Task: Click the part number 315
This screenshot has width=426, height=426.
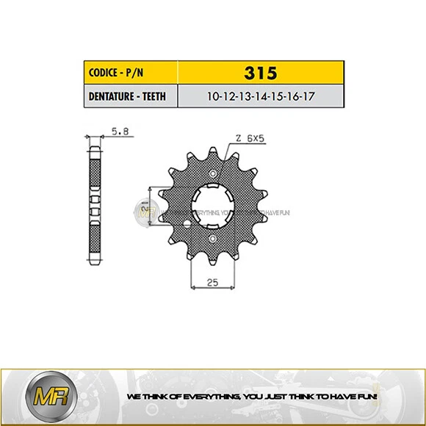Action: pos(261,73)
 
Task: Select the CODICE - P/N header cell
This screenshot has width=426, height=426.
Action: pos(132,73)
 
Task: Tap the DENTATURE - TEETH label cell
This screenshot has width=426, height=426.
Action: pos(132,96)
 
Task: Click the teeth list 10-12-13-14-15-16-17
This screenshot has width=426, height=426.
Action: pos(261,96)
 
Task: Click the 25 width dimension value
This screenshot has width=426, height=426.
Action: pos(213,281)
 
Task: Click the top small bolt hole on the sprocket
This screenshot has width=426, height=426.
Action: pos(213,174)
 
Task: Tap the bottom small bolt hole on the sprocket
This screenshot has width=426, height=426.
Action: pos(213,239)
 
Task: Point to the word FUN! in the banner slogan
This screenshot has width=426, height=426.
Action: pos(367,397)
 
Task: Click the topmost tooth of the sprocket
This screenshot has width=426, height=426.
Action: pos(213,151)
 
